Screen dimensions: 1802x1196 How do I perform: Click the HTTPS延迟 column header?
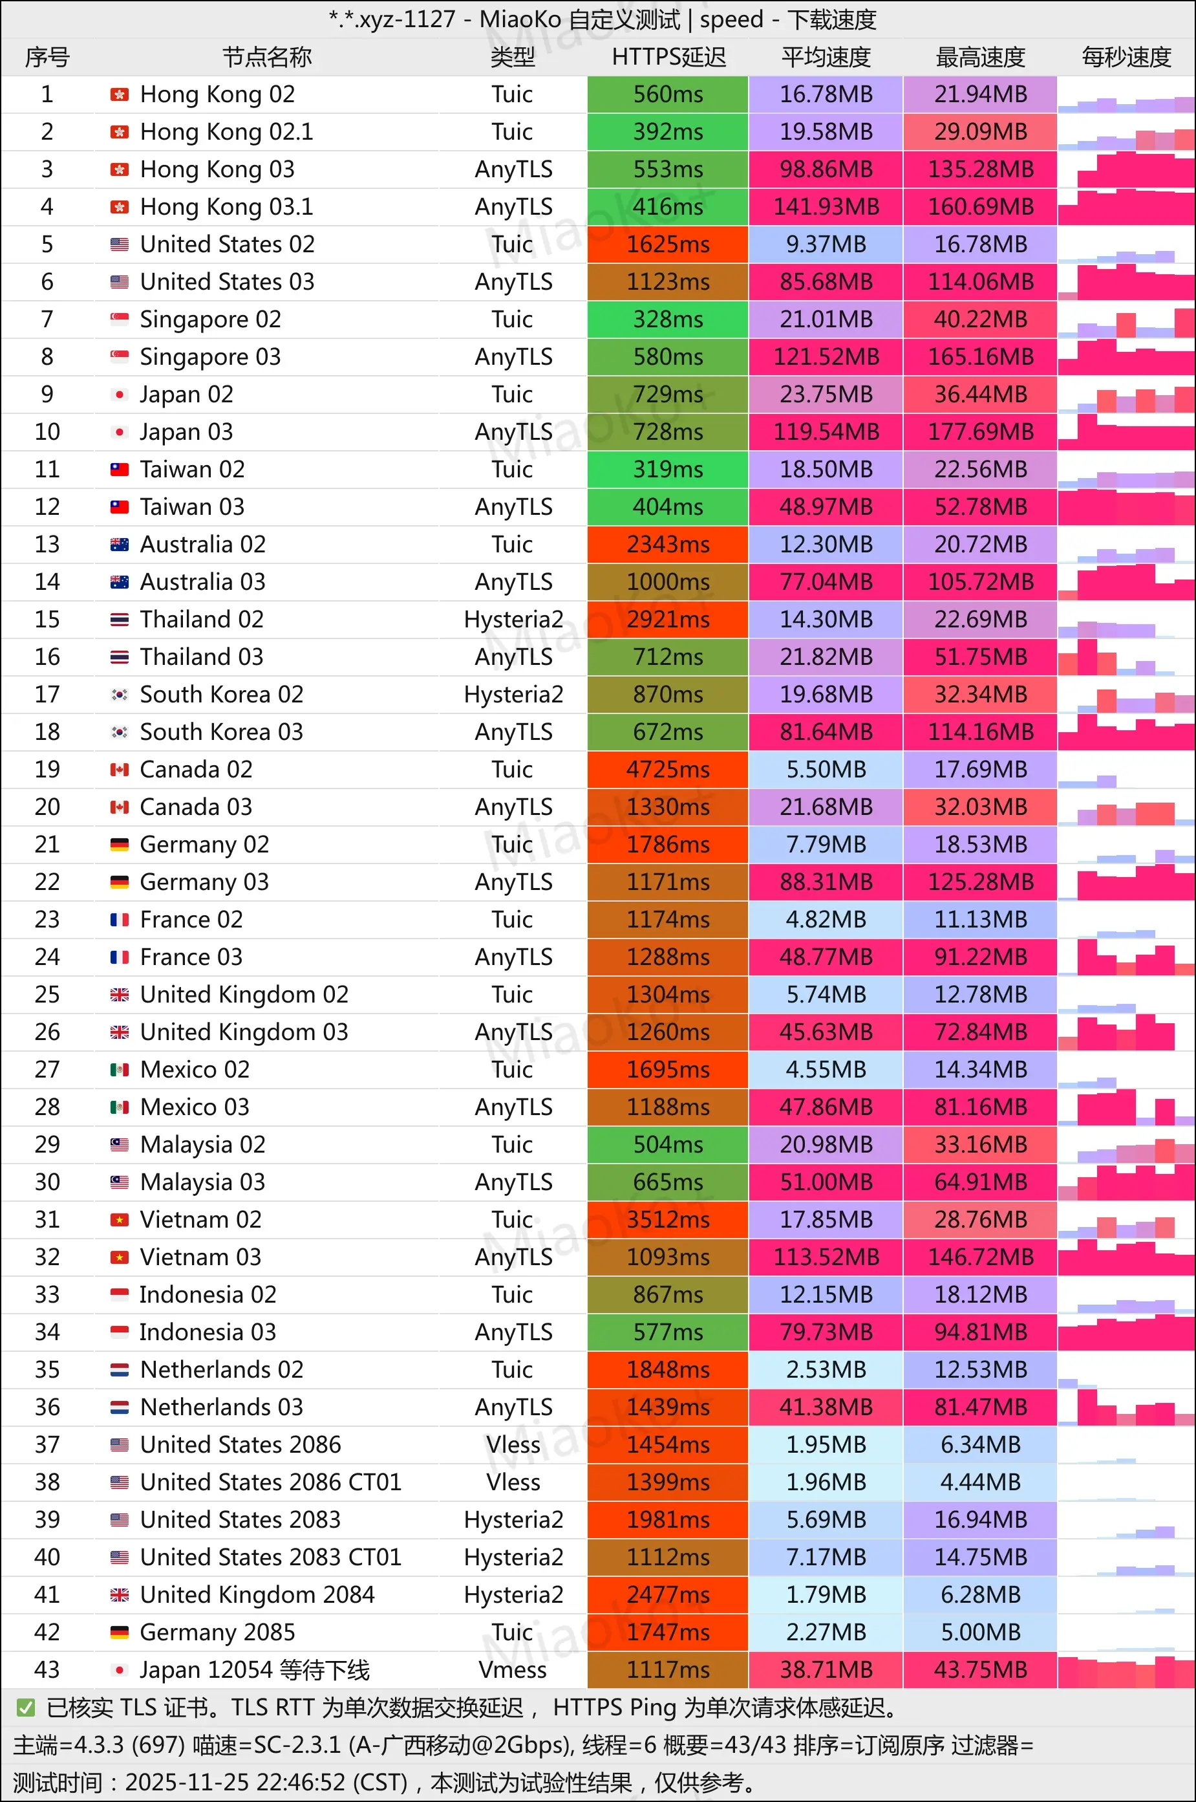[x=668, y=57]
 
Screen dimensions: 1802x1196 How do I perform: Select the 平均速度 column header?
[x=826, y=57]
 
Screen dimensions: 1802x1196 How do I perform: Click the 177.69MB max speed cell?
[x=980, y=432]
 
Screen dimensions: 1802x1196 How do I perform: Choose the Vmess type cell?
[x=513, y=1669]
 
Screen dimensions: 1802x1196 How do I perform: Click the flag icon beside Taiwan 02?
[x=120, y=469]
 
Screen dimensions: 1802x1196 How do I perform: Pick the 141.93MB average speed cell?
[x=826, y=207]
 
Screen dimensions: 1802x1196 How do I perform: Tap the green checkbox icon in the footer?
[x=26, y=1708]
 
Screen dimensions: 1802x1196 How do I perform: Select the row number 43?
[x=47, y=1669]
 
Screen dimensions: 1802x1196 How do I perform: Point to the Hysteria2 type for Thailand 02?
[x=513, y=620]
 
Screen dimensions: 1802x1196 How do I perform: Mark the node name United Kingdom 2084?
[x=257, y=1594]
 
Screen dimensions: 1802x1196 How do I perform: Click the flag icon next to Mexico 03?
[x=120, y=1107]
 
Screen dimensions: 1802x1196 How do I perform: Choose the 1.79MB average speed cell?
[x=826, y=1594]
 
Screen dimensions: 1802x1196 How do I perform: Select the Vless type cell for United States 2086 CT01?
[x=513, y=1482]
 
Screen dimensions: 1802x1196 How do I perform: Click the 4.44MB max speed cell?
[x=980, y=1482]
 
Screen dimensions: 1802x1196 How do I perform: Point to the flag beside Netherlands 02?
[x=120, y=1369]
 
